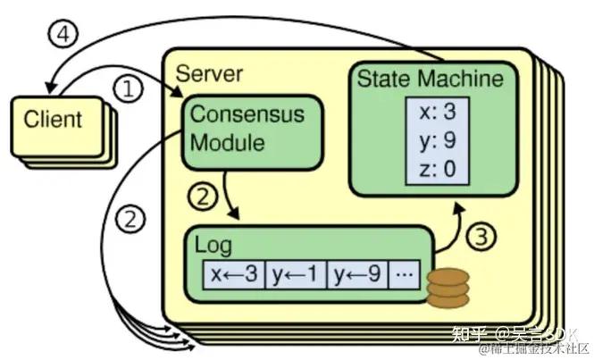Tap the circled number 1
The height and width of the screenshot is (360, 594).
click(x=131, y=89)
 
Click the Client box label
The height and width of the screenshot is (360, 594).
click(x=52, y=119)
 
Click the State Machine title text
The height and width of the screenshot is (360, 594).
click(x=430, y=79)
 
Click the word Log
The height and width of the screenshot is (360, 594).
click(x=214, y=244)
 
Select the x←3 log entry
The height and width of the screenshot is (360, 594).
click(x=234, y=273)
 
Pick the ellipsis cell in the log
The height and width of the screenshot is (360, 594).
click(x=404, y=273)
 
